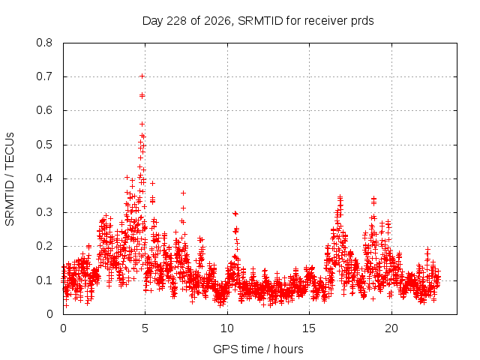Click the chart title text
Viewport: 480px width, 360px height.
coord(258,21)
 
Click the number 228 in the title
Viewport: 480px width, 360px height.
coord(177,21)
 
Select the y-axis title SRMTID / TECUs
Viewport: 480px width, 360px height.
coord(10,179)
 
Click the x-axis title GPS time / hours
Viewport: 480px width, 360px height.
coord(258,349)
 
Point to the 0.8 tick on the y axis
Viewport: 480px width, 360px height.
coord(44,43)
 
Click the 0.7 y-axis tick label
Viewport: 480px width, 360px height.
coord(44,76)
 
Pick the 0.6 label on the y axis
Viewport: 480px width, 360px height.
coord(44,110)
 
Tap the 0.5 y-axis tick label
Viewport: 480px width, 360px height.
coord(44,145)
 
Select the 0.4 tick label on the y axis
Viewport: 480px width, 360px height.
coord(44,178)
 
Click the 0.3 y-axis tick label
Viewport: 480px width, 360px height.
coord(44,212)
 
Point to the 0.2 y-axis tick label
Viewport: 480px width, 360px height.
coord(44,246)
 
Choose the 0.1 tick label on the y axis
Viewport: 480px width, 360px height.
coord(44,280)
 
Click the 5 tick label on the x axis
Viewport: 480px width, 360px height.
coord(145,328)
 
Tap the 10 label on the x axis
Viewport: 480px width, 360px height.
coord(227,328)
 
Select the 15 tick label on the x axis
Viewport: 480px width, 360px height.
coord(309,328)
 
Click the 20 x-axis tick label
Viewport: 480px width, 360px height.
coord(391,328)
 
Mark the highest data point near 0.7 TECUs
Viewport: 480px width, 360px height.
coord(142,76)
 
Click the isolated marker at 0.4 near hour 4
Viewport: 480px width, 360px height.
coord(127,177)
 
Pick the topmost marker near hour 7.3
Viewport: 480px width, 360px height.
coord(183,193)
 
